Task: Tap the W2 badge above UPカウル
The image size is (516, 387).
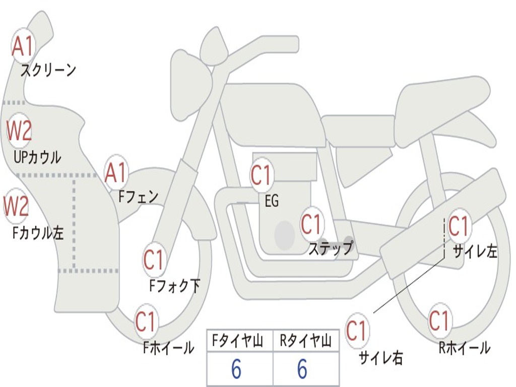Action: point(19,131)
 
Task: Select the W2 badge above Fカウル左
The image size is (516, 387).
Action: point(16,206)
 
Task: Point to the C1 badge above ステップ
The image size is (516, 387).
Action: point(311,224)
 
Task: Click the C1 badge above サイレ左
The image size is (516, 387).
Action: point(459,226)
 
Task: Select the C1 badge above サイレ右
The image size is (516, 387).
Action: point(356,331)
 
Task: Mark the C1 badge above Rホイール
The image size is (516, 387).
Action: point(439,320)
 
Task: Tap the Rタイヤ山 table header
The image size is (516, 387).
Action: point(306,341)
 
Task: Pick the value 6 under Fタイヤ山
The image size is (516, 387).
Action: point(236,369)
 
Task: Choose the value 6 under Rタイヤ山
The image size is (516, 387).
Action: point(302,369)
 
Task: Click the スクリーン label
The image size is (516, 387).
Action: point(48,70)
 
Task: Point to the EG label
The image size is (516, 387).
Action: point(272,201)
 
